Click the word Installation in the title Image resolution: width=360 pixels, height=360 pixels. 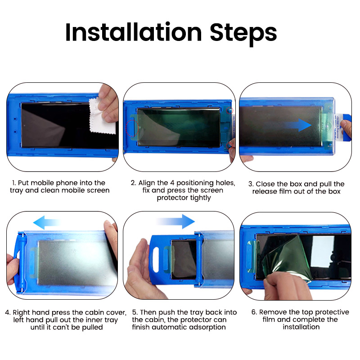click(x=133, y=32)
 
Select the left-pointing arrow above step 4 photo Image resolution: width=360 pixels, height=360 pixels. click(x=46, y=221)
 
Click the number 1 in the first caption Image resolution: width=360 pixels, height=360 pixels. click(x=13, y=183)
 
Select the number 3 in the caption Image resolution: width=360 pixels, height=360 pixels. click(x=251, y=184)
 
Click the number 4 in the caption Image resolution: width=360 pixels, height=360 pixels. click(x=8, y=312)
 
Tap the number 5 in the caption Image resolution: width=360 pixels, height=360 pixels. click(x=135, y=312)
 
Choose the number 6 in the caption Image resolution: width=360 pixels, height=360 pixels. click(x=253, y=312)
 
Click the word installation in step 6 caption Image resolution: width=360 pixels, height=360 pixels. click(x=301, y=327)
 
